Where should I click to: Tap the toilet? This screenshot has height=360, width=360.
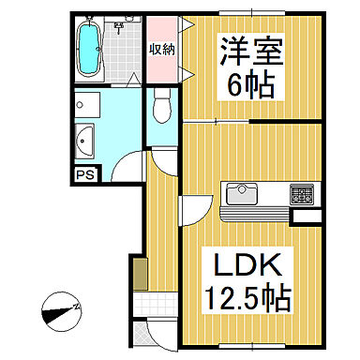click(159, 106)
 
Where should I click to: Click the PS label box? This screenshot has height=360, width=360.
click(83, 173)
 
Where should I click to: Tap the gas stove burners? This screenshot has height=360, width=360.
click(302, 195)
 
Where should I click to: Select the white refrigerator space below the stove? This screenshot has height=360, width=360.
click(305, 217)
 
